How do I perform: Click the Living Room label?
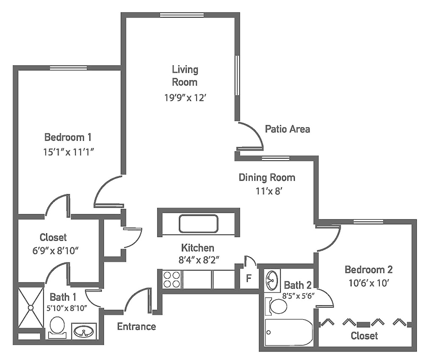[185, 76]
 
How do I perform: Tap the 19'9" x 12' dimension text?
[185, 98]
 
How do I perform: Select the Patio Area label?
[287, 129]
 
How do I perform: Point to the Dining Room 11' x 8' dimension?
[269, 191]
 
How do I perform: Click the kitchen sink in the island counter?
[198, 224]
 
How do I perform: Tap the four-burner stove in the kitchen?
[171, 279]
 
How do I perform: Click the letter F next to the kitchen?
[248, 278]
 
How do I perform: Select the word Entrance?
[137, 327]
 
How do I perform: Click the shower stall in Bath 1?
[31, 307]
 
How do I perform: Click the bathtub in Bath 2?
[289, 332]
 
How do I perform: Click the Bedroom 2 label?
[369, 269]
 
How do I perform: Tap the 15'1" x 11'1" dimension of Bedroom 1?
[68, 152]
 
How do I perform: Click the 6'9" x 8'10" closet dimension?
[56, 251]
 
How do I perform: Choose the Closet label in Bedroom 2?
[364, 336]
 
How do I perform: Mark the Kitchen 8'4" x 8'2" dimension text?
[198, 260]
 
